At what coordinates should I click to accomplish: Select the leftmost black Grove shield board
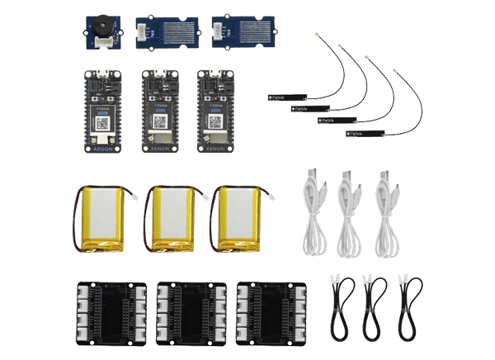(111, 309)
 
